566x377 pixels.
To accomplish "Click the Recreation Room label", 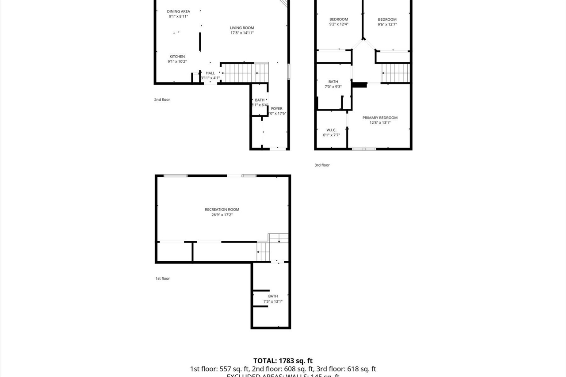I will [222, 209].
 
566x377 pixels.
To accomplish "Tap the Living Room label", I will [242, 28].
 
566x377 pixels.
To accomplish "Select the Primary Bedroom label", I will [380, 118].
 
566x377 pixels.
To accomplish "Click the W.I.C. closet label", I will [331, 130].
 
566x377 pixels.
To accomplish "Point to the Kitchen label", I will [177, 57].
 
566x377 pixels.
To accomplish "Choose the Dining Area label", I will [178, 11].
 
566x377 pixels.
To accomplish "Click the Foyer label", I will [277, 109].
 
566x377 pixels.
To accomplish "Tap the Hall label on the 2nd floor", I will [210, 73].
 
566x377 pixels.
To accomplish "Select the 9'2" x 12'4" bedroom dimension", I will [339, 24].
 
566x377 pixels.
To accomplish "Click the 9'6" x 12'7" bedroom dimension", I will [387, 24].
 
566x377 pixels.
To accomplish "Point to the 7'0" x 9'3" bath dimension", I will [333, 87].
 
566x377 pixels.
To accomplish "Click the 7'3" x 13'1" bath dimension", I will [273, 301].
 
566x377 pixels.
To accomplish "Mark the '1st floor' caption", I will [162, 278].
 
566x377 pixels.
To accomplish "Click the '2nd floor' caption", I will [162, 99].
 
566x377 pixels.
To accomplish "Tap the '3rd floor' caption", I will [322, 165].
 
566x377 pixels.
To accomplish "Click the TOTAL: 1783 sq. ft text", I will [283, 361].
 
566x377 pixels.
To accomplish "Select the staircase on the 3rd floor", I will [396, 73].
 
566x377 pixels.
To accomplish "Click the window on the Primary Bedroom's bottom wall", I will [364, 149].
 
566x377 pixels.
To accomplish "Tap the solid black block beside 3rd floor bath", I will [359, 84].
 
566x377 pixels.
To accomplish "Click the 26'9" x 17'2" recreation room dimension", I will [222, 215].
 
